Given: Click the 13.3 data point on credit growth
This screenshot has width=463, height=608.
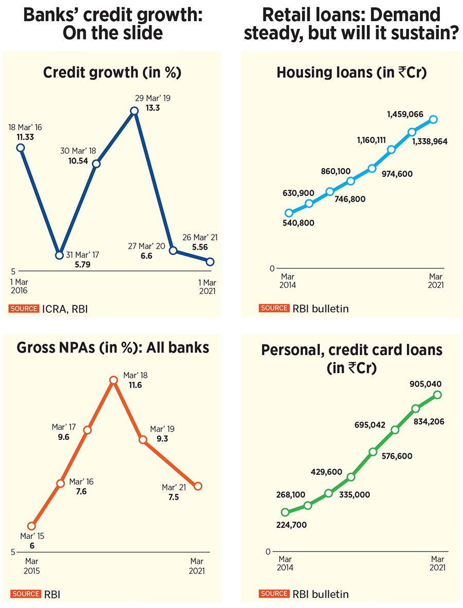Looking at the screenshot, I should pyautogui.click(x=134, y=110).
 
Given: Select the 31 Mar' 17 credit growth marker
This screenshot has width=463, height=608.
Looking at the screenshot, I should pyautogui.click(x=60, y=255).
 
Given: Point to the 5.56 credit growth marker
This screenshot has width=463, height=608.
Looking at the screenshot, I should pyautogui.click(x=210, y=262).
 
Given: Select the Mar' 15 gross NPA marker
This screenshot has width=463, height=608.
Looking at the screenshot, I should pyautogui.click(x=32, y=526).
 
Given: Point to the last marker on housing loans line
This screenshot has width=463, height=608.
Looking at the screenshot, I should pyautogui.click(x=433, y=119).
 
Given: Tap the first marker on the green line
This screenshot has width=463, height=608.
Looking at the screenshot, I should pyautogui.click(x=286, y=512).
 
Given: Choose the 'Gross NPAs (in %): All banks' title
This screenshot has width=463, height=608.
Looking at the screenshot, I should pyautogui.click(x=113, y=348).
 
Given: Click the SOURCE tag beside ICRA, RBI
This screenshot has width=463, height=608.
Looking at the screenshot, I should pyautogui.click(x=24, y=308).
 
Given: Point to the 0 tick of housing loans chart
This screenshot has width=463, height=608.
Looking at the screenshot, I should pyautogui.click(x=272, y=268).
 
